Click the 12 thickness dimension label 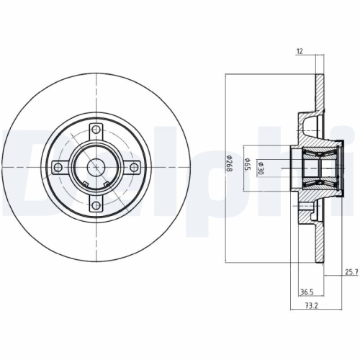coord(300,51)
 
